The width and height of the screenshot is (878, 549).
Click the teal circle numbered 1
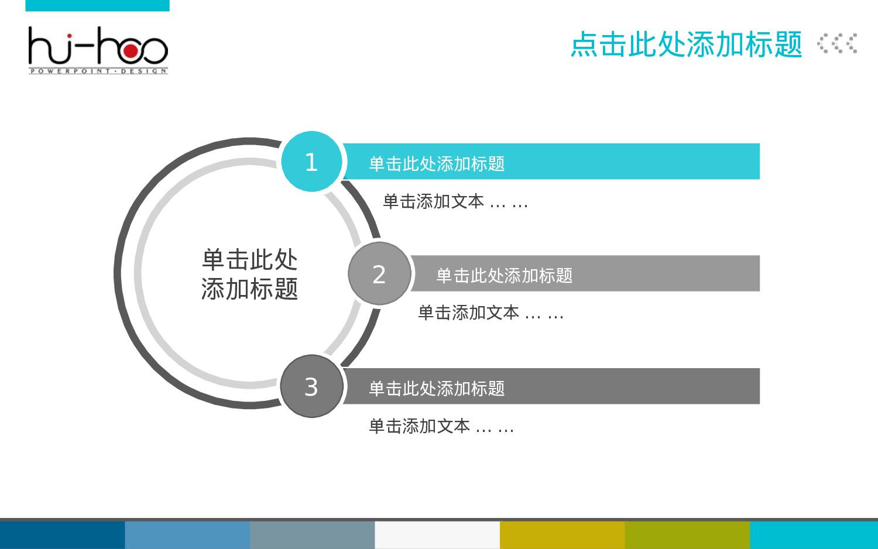[x=311, y=162]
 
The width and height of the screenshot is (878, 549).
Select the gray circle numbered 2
[x=379, y=274]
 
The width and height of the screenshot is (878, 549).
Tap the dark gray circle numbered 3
[x=311, y=386]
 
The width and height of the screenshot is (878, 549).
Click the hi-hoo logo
[x=98, y=50]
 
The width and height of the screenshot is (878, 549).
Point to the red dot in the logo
[x=131, y=52]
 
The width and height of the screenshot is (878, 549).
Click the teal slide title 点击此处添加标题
[x=686, y=44]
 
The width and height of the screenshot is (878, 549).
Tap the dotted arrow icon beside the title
[x=838, y=44]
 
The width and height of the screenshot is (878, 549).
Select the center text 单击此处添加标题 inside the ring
[x=250, y=274]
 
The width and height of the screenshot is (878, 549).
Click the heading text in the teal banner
[x=437, y=164]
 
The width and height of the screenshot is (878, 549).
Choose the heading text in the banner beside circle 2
[x=504, y=276]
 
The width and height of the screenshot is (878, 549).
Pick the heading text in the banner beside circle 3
[x=437, y=389]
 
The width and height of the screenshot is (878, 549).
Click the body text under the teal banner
[x=455, y=202]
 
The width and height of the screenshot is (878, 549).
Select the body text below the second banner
[x=491, y=313]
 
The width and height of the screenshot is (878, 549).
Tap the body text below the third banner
[x=441, y=427]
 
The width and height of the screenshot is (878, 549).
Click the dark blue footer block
[x=62, y=535]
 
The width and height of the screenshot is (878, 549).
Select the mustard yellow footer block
[x=562, y=535]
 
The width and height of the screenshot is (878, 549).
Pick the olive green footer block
[x=687, y=535]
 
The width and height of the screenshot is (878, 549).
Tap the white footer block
[x=437, y=535]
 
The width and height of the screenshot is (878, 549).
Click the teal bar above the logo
[x=97, y=5]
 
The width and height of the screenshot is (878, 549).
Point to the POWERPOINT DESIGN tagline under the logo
[x=98, y=71]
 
